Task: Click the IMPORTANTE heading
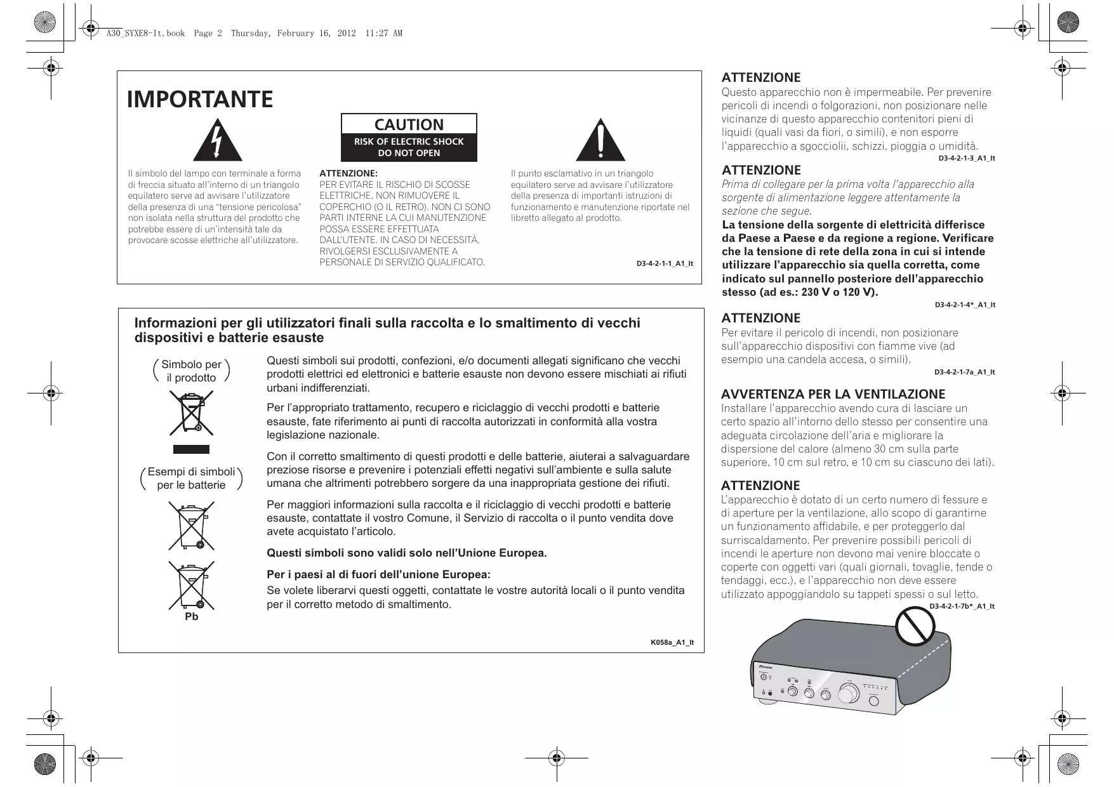click(200, 100)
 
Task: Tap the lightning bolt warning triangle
click(217, 141)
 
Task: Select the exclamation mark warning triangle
click(600, 141)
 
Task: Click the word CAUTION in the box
click(409, 124)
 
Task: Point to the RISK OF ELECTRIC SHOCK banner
click(409, 147)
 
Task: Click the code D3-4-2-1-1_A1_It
click(665, 263)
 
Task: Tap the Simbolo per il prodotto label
click(191, 371)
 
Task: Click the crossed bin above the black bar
click(191, 413)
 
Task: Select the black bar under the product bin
click(191, 449)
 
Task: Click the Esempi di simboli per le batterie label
click(191, 479)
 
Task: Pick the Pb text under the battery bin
click(191, 617)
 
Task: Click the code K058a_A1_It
click(672, 642)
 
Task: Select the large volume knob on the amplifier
click(850, 692)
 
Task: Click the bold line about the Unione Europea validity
click(407, 553)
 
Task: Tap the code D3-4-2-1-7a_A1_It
click(964, 372)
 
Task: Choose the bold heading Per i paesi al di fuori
click(379, 575)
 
